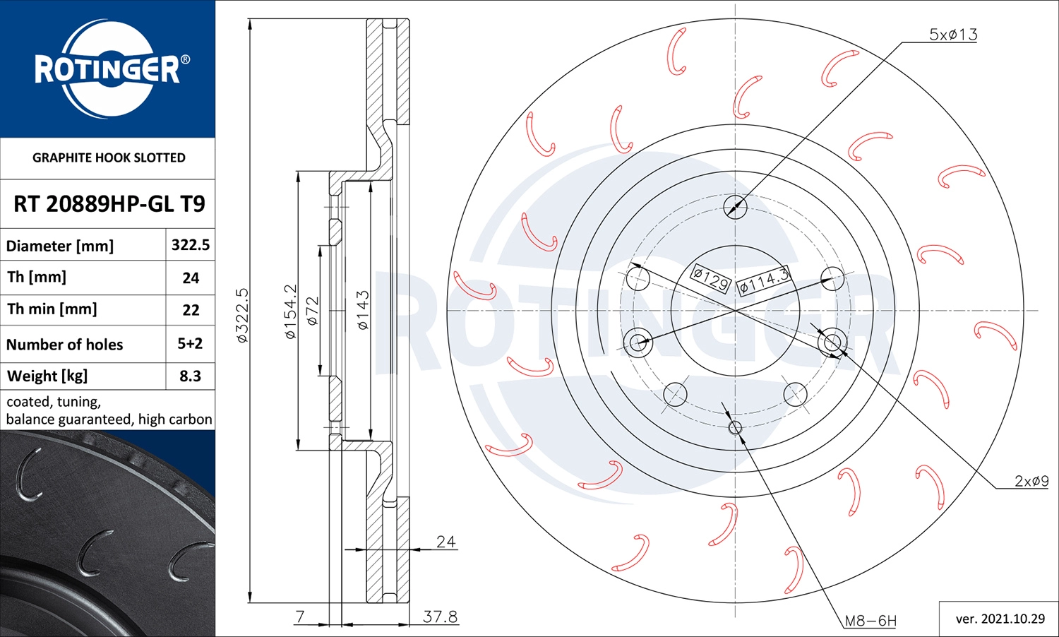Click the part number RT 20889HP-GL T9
(109, 204)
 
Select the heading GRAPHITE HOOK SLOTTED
(109, 157)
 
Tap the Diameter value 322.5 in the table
(191, 244)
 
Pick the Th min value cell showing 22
(191, 310)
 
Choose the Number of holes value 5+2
(190, 343)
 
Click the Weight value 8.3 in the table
(190, 376)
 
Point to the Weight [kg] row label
(47, 376)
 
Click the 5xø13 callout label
(953, 35)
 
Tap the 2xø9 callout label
(1031, 481)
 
